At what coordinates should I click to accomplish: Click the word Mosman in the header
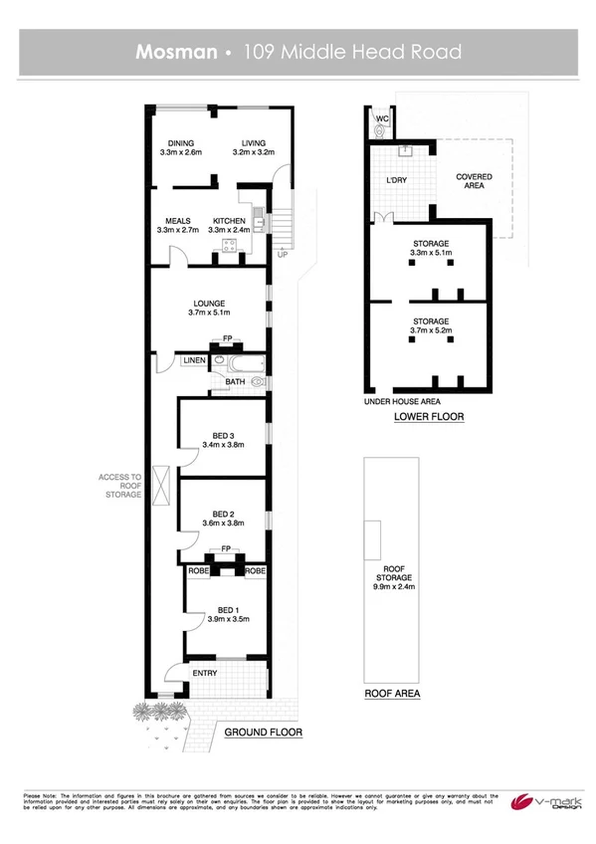pyautogui.click(x=176, y=52)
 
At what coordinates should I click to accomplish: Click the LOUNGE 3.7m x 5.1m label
pyautogui.click(x=209, y=308)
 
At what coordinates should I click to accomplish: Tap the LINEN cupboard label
pyautogui.click(x=194, y=359)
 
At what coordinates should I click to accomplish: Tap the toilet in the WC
pyautogui.click(x=378, y=128)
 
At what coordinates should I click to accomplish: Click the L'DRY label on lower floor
pyautogui.click(x=384, y=180)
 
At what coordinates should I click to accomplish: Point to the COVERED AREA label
pyautogui.click(x=474, y=180)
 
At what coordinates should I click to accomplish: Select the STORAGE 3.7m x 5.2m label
pyautogui.click(x=431, y=326)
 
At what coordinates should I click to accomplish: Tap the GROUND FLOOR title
pyautogui.click(x=263, y=733)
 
